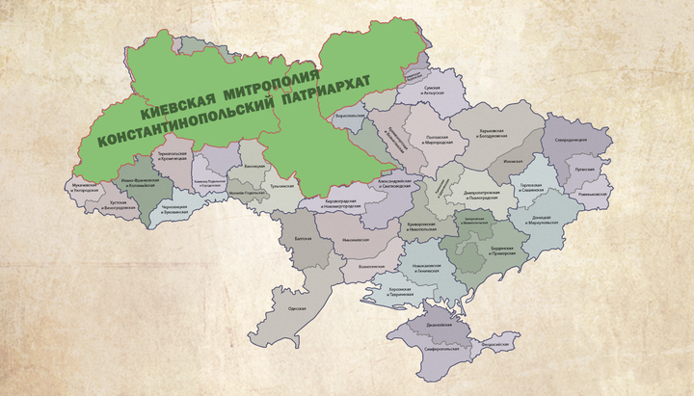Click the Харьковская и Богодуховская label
(x=499, y=133)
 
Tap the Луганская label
(x=584, y=168)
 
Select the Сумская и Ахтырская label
(x=439, y=90)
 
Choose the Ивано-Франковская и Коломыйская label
(x=135, y=180)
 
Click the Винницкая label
(x=254, y=167)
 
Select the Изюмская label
(x=512, y=162)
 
